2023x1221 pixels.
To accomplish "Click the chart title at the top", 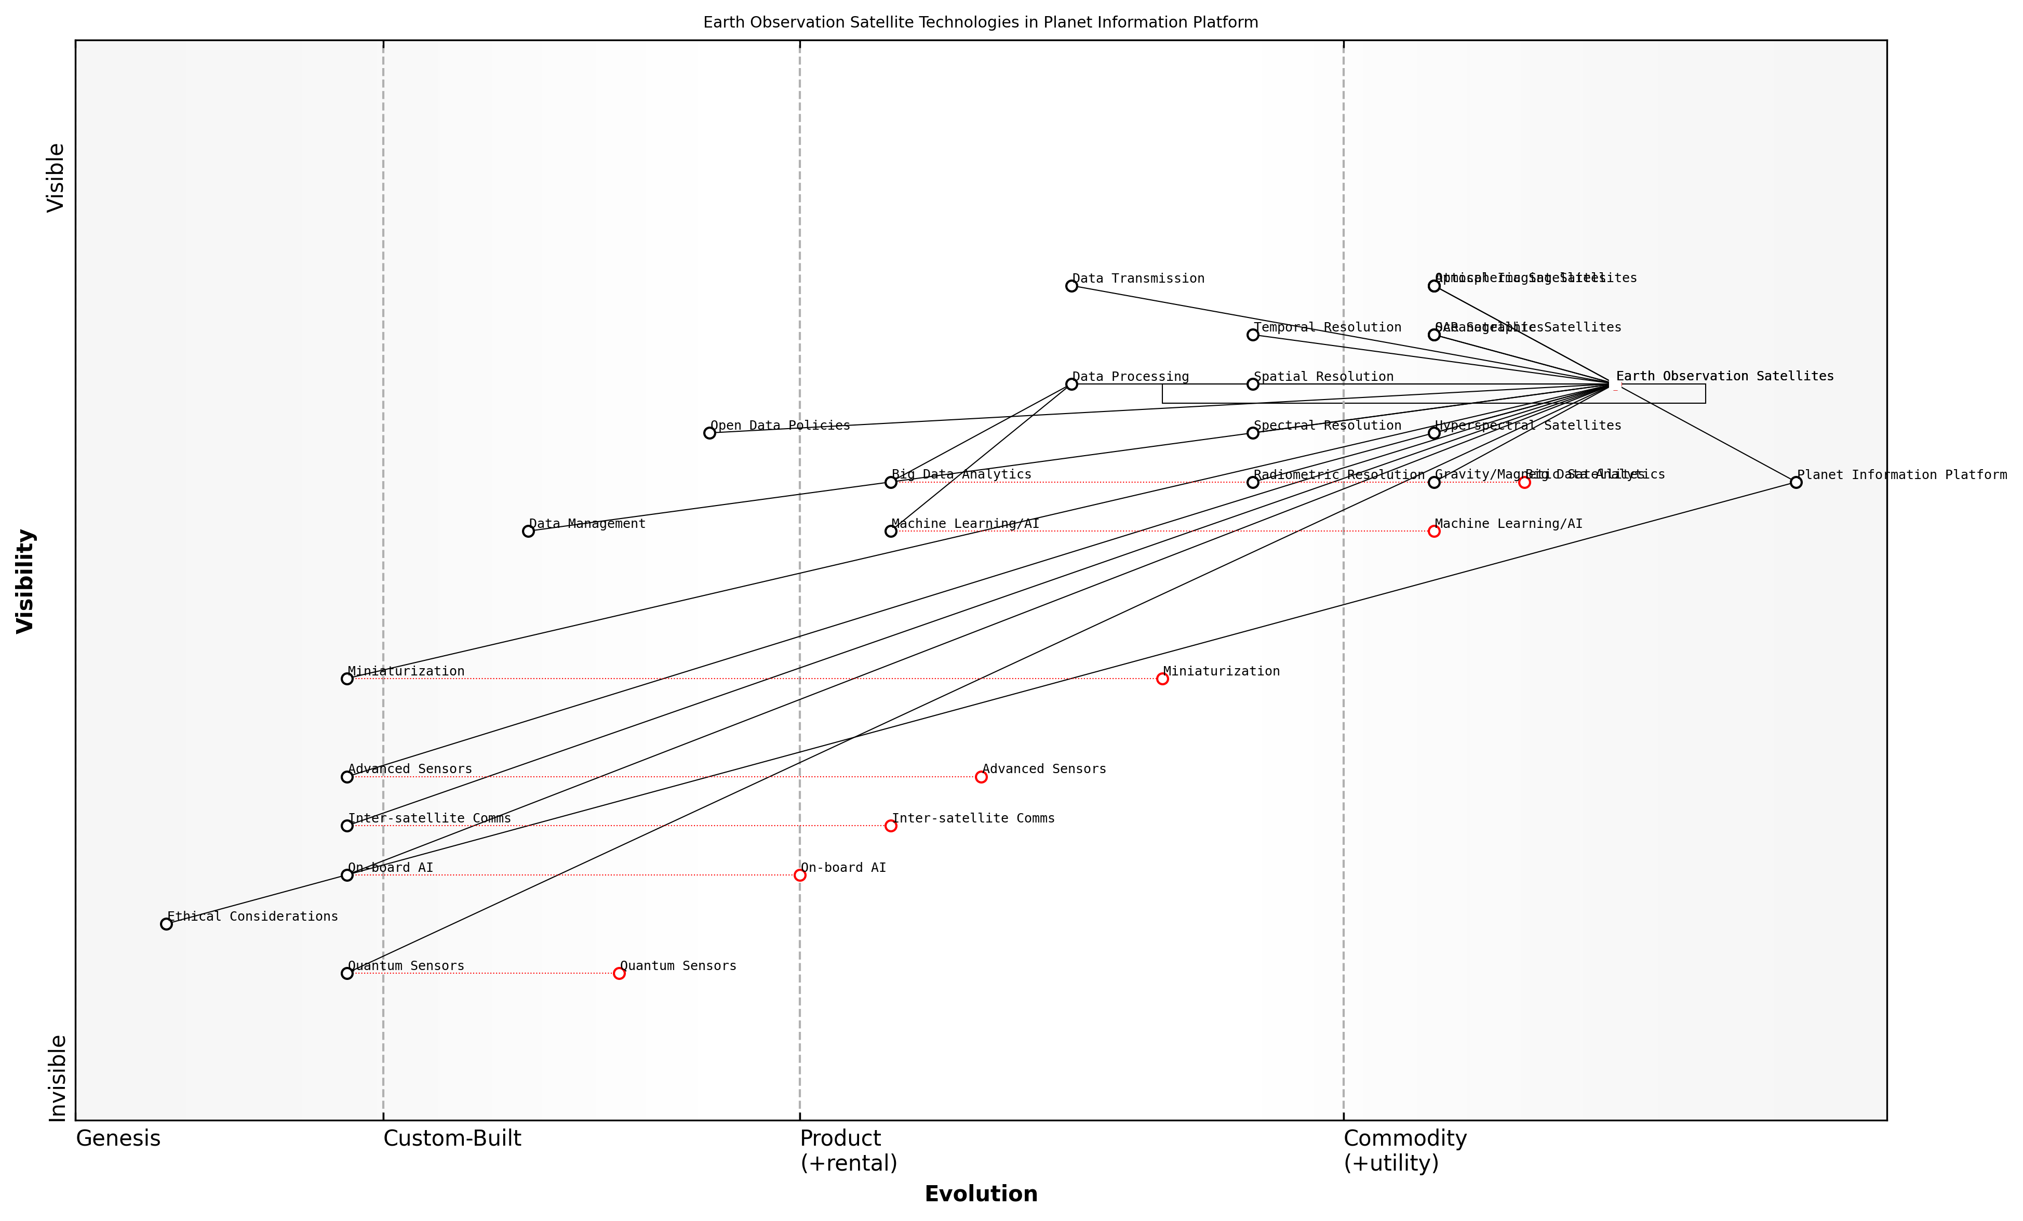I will click(x=980, y=22).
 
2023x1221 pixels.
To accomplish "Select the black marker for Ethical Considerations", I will click(x=166, y=924).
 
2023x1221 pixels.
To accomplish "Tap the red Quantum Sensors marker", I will click(x=619, y=973).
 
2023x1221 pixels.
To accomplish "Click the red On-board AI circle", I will click(x=800, y=875).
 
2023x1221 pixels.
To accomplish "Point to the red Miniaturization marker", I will click(x=1162, y=678).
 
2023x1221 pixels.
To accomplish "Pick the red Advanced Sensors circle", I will click(x=981, y=777).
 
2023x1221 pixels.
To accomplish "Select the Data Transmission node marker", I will click(x=1071, y=286).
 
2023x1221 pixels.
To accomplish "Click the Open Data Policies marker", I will click(x=709, y=433).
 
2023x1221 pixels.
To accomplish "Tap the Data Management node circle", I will click(x=528, y=531).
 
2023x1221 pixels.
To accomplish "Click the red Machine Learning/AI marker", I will click(x=1433, y=531).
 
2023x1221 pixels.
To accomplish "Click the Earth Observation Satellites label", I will click(x=1724, y=376).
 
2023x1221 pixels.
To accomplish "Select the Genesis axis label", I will click(x=118, y=1138).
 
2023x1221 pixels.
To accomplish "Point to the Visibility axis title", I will click(x=25, y=580).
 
